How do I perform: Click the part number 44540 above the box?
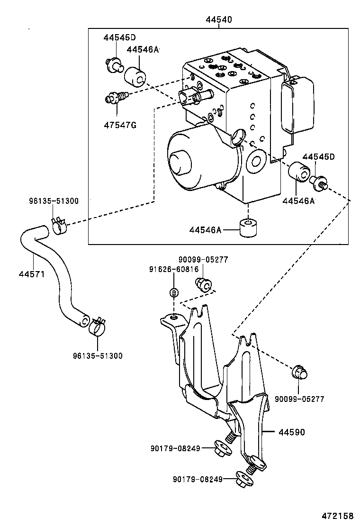point(218,20)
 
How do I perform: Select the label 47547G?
point(120,125)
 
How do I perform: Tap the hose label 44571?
point(32,274)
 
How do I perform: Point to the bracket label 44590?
point(291,432)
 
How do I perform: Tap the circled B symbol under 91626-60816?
point(174,292)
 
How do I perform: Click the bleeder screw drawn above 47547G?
point(116,98)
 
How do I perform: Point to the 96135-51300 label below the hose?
point(97,356)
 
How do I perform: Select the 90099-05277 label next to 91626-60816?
point(203,259)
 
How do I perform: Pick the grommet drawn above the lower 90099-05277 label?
point(298,373)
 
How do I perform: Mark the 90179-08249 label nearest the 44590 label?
point(176,448)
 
